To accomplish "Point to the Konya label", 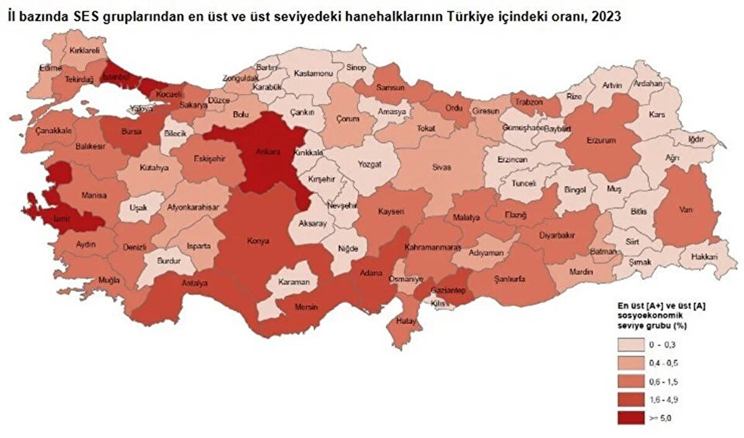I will click(259, 240).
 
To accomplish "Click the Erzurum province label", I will click(601, 140).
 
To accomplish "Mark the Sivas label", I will click(442, 168).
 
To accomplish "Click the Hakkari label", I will click(705, 256).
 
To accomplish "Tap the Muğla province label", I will click(108, 280).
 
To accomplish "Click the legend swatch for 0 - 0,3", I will click(631, 344).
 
